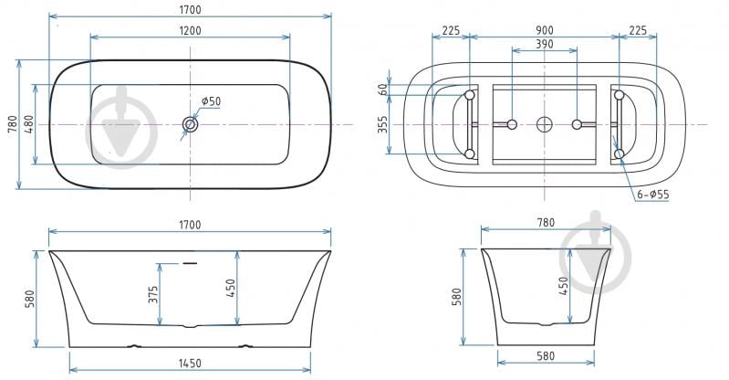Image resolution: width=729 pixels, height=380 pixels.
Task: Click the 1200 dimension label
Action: (x=190, y=31)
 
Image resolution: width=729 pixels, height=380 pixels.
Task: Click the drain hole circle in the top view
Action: (x=190, y=124)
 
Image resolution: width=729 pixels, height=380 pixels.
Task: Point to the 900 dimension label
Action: (x=545, y=30)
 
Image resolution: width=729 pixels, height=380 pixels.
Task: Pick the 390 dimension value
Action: (x=545, y=44)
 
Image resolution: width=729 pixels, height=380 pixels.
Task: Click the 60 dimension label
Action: (x=383, y=90)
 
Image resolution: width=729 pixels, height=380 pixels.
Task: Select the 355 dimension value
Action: (x=382, y=124)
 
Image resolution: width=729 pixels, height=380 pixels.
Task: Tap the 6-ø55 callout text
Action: (x=653, y=195)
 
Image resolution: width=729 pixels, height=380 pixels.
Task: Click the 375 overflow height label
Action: (x=153, y=294)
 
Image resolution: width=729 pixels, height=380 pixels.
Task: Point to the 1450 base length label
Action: (x=190, y=364)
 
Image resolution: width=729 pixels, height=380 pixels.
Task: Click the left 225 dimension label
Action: (x=451, y=31)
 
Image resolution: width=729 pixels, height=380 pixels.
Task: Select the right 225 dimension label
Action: (x=638, y=30)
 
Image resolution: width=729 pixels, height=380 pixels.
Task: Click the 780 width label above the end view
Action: (x=546, y=223)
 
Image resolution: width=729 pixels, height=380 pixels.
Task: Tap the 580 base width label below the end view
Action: (x=546, y=356)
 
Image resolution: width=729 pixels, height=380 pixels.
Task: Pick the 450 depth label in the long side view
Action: (x=231, y=288)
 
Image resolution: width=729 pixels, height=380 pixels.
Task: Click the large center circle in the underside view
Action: (x=545, y=124)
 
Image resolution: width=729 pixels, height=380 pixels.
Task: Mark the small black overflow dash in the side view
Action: (x=190, y=264)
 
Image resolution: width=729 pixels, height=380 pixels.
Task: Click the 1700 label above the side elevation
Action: (x=190, y=225)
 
